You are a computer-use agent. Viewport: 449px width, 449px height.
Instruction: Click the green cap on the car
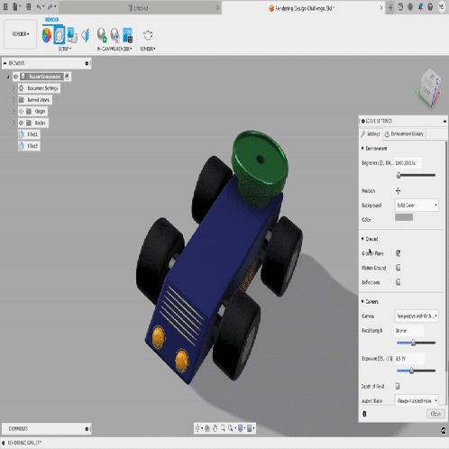tap(255, 167)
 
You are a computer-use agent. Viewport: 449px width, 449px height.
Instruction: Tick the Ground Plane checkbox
tap(399, 253)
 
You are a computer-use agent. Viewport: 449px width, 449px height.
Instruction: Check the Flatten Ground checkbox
tap(399, 268)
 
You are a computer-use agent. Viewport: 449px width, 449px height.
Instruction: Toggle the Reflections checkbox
tap(399, 282)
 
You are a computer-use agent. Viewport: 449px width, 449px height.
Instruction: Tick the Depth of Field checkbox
tap(399, 385)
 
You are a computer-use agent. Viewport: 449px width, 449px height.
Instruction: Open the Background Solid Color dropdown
tap(417, 206)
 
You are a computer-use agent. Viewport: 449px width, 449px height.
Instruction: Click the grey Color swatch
tap(404, 217)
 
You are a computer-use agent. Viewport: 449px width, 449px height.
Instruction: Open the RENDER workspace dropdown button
tap(20, 34)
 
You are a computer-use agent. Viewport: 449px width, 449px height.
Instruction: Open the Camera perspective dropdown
tap(417, 316)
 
